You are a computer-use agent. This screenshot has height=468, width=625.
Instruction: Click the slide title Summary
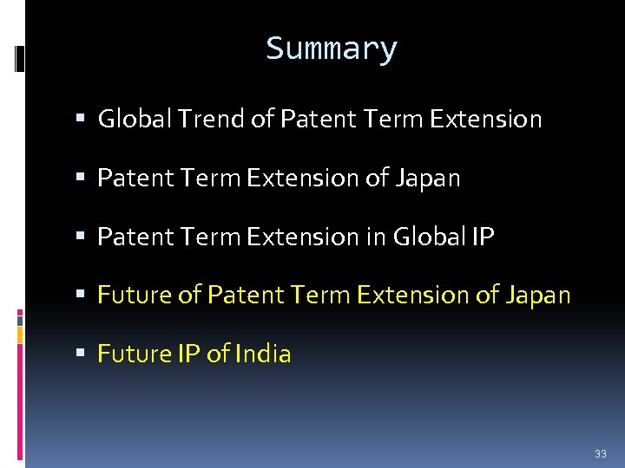[x=332, y=49]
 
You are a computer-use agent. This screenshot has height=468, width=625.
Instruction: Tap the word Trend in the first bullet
[x=206, y=119]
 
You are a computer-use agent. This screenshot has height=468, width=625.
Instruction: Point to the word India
[x=263, y=354]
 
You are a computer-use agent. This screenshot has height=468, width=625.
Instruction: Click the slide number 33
[x=601, y=454]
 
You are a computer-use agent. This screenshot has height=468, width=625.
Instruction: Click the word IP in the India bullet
[x=189, y=354]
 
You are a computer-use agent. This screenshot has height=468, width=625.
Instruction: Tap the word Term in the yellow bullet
[x=324, y=296]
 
